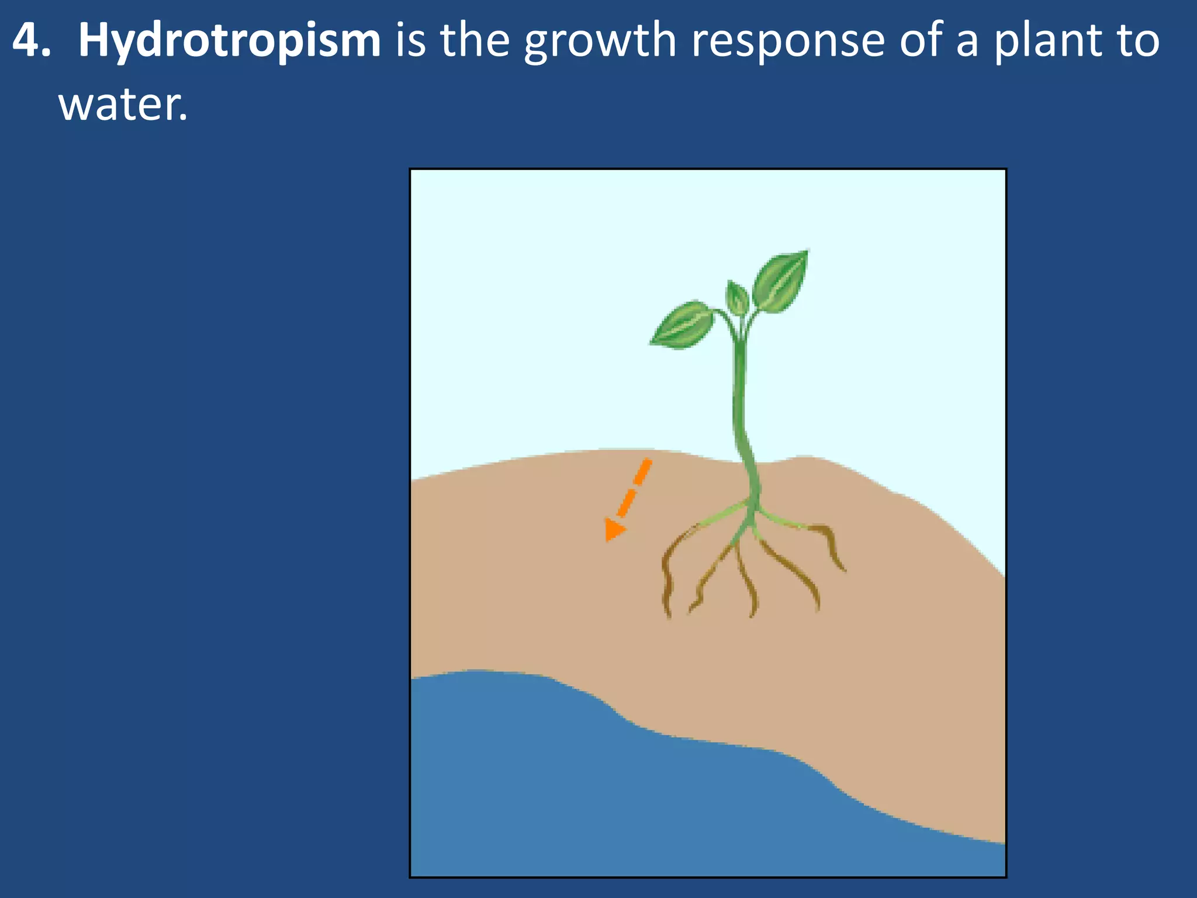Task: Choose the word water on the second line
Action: (123, 105)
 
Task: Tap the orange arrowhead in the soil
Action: (613, 529)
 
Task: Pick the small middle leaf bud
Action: (737, 298)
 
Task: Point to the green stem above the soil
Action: (740, 398)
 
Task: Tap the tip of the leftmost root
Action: (668, 615)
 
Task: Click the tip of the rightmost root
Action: (843, 569)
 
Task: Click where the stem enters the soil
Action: (748, 461)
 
